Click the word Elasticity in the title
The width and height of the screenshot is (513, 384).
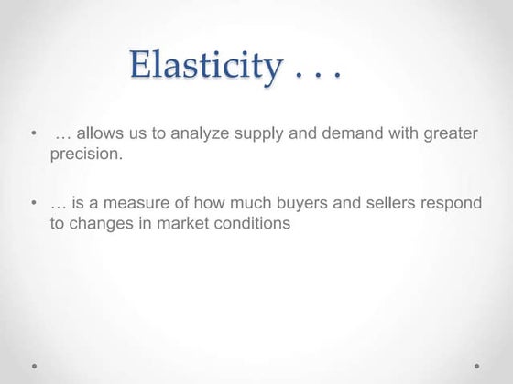point(207,65)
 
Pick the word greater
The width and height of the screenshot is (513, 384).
point(450,134)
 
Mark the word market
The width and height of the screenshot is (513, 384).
point(186,222)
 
